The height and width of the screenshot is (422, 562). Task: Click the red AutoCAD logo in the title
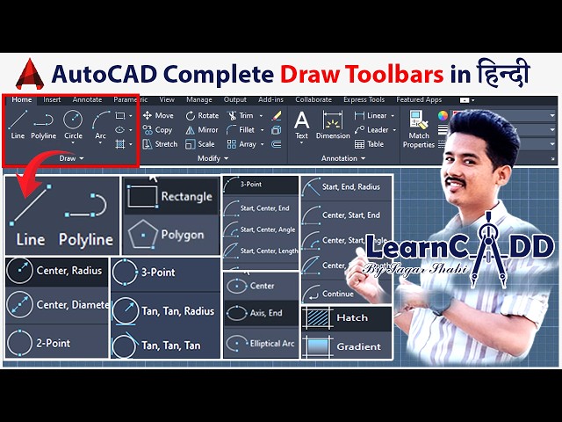32,73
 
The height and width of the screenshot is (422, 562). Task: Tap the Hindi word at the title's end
503,74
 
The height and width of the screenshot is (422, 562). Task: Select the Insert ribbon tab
52,100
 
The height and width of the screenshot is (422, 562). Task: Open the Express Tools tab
364,100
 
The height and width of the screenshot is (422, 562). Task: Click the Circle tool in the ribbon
73,124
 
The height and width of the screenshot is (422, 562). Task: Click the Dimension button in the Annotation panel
333,124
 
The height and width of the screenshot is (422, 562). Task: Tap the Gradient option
348,346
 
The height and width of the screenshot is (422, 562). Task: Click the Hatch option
348,317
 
